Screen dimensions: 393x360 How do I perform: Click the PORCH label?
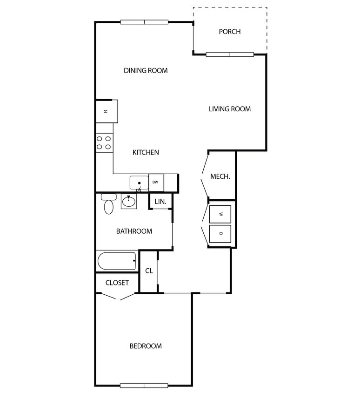coord(230,32)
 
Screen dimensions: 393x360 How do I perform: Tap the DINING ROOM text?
coord(146,71)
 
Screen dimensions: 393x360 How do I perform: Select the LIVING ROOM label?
coord(230,109)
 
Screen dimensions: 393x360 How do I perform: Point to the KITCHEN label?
coord(146,152)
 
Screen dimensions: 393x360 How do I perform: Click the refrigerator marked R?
coord(107,111)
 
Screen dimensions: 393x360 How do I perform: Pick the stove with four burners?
coord(104,142)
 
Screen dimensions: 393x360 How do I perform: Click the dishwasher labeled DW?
coord(156,182)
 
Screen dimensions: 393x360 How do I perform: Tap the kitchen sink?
coord(139,183)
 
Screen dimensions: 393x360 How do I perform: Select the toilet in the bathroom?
coord(108,204)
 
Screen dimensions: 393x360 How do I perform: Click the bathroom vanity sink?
coord(129,202)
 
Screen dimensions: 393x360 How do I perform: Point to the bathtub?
coord(117,261)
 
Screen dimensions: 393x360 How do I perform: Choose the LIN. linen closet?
coord(160,202)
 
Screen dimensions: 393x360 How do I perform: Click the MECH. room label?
coord(220,176)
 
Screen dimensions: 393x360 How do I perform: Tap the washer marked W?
coord(221,214)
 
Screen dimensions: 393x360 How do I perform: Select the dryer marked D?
coord(221,233)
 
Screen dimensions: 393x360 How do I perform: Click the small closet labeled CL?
coord(149,271)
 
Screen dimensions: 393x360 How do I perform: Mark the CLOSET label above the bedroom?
coord(117,283)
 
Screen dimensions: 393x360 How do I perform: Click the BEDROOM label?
coord(146,346)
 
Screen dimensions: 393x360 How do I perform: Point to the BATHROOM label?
coord(134,231)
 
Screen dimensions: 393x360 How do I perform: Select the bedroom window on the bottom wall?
coord(144,386)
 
